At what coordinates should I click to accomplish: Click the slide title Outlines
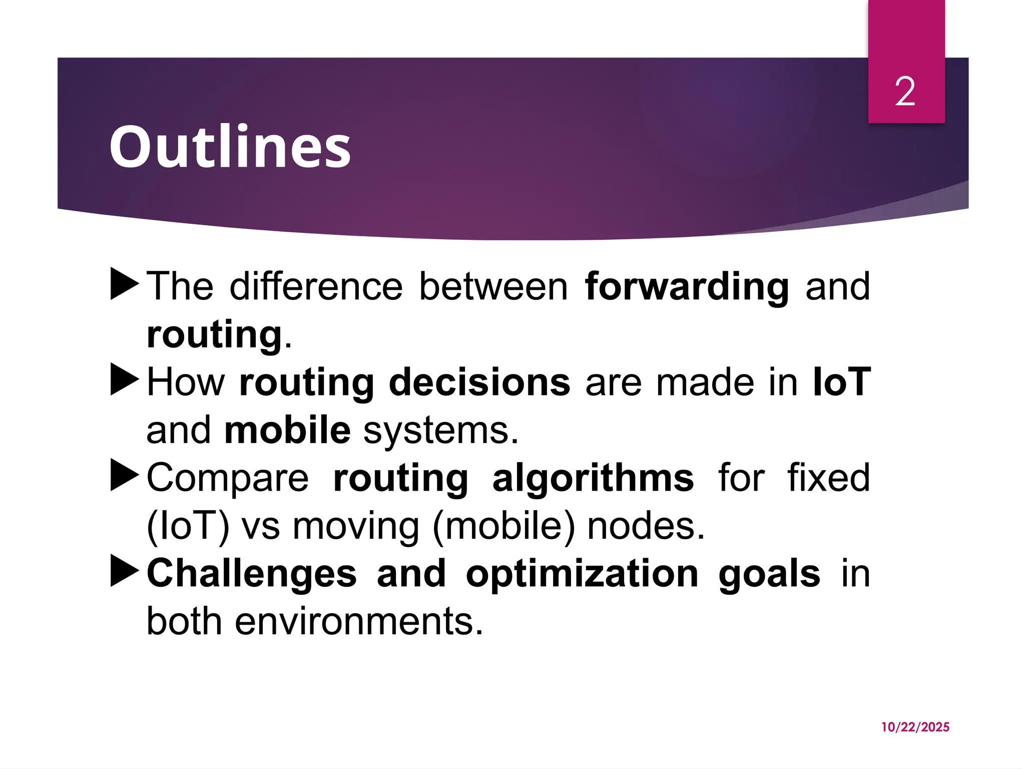[x=230, y=147]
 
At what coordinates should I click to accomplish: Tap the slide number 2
[x=905, y=92]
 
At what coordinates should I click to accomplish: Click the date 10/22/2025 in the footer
[x=915, y=727]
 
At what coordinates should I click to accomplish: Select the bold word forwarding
[x=687, y=287]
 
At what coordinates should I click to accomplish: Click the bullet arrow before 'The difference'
[x=124, y=284]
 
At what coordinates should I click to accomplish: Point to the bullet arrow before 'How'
[x=124, y=379]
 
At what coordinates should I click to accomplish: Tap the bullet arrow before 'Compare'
[x=124, y=475]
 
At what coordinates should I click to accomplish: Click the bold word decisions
[x=479, y=382]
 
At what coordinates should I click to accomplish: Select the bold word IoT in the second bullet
[x=842, y=382]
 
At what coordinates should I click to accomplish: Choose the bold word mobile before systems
[x=287, y=430]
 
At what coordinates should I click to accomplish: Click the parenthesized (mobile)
[x=504, y=527]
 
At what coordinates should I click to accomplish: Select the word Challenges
[x=252, y=574]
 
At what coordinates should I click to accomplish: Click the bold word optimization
[x=582, y=574]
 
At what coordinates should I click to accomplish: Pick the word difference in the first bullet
[x=316, y=287]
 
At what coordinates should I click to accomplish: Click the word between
[x=493, y=287]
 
